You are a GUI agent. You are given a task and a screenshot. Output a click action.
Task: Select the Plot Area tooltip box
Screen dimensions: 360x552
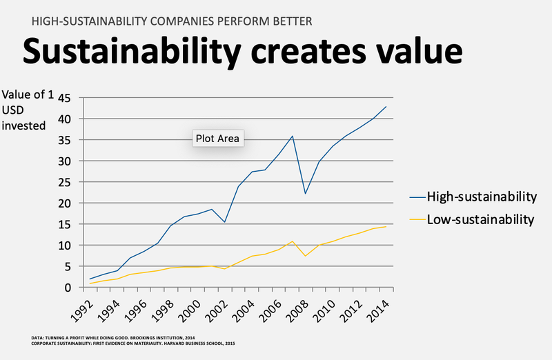(217, 139)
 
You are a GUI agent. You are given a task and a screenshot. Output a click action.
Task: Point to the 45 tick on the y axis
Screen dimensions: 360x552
(66, 98)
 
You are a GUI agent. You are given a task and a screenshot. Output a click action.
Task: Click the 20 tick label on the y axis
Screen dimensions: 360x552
(66, 203)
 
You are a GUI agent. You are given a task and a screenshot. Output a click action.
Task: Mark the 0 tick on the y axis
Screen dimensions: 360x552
(69, 288)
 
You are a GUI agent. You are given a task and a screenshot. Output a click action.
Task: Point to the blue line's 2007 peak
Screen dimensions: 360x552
(293, 136)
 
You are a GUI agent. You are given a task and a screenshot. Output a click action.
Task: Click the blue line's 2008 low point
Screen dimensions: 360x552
(306, 193)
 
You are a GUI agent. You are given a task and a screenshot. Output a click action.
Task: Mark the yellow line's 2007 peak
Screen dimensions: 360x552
(293, 241)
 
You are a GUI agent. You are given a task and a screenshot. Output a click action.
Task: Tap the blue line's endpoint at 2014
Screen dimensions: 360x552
(386, 107)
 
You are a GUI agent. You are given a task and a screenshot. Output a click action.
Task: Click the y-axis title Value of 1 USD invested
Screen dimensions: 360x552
(28, 110)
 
